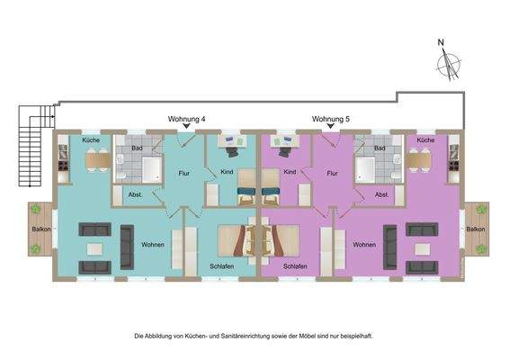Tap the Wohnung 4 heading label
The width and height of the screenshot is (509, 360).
point(187,119)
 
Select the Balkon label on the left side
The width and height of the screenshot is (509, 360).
point(35,229)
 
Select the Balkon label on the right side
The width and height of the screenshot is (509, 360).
point(475,229)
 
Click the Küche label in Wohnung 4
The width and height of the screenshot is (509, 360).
point(91,140)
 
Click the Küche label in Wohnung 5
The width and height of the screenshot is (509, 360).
point(425,140)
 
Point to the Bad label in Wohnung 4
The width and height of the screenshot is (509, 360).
point(137,148)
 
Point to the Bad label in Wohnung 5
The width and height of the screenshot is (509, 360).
point(380,148)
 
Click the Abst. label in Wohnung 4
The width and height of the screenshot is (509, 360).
point(135,194)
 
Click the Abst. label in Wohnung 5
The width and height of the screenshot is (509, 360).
point(381,194)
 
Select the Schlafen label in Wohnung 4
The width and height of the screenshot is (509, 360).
point(223,267)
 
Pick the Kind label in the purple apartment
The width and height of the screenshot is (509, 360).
point(290,171)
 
